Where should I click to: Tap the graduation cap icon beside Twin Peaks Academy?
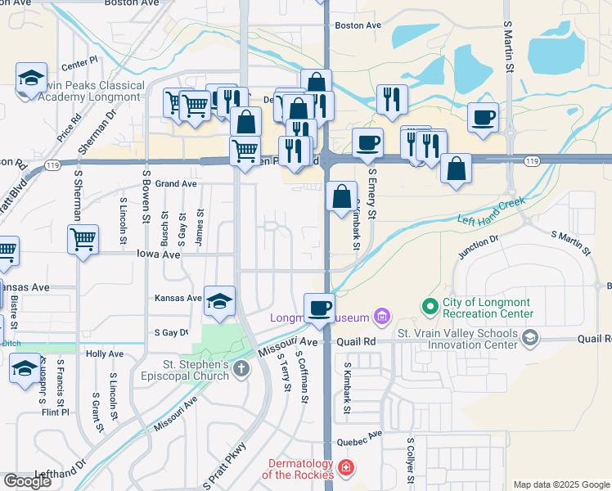coord(31,79)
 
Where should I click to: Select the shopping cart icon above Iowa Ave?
coord(83,240)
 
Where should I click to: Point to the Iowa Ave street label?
coord(159,255)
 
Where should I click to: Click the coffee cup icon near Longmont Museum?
coord(319,308)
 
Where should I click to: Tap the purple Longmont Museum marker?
coord(380,316)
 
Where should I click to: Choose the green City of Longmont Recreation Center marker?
coord(430,307)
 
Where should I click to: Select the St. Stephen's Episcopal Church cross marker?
coord(241,368)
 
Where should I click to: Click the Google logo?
coord(27,480)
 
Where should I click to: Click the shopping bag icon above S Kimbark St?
coord(341,196)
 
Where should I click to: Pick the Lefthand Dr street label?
coord(61,473)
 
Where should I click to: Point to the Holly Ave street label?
coord(105,354)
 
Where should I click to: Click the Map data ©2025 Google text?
coord(561,484)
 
